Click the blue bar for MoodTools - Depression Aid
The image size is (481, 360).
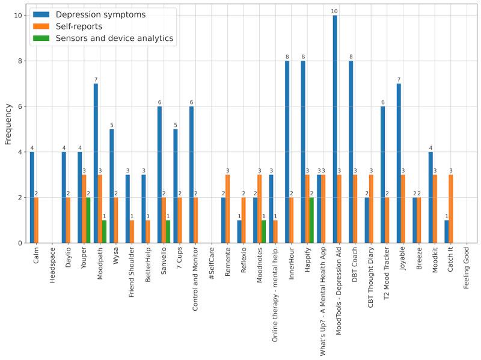click(x=335, y=129)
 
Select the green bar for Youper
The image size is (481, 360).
click(x=88, y=220)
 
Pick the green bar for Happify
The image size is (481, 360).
click(x=312, y=220)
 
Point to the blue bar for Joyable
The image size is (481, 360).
click(x=399, y=163)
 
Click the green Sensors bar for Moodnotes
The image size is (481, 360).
click(x=264, y=231)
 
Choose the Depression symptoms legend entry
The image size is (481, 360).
click(x=100, y=14)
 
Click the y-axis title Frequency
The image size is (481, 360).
click(x=8, y=123)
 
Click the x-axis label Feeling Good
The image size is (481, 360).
click(x=468, y=273)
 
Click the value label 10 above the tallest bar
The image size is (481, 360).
click(x=335, y=11)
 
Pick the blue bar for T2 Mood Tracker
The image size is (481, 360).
click(x=382, y=175)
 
